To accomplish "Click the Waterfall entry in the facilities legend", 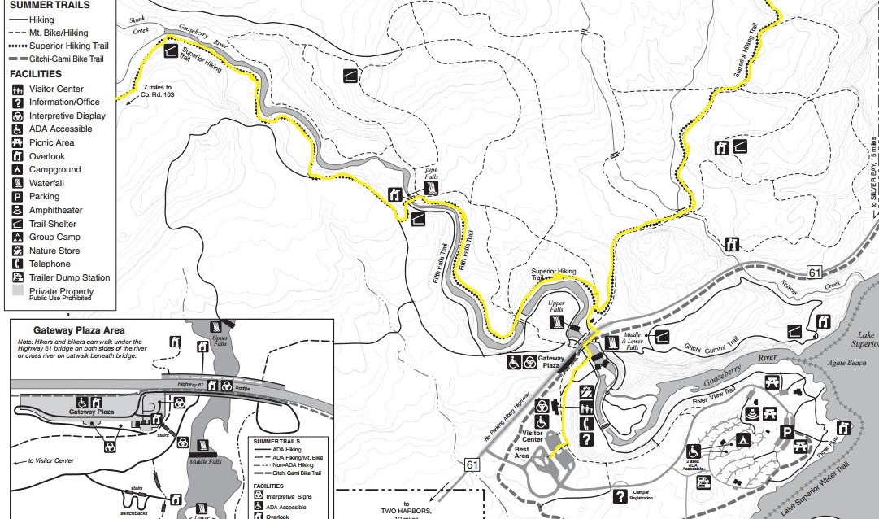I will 46,183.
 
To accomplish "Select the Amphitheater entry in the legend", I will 54,210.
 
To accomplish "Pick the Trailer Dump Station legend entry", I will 68,277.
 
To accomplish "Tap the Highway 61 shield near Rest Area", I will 472,464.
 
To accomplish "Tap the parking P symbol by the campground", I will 786,432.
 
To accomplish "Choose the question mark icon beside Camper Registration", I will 620,495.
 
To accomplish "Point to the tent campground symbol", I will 743,440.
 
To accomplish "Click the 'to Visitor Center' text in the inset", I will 51,460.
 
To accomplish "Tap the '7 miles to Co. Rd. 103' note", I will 159,90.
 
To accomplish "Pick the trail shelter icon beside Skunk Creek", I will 171,51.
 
